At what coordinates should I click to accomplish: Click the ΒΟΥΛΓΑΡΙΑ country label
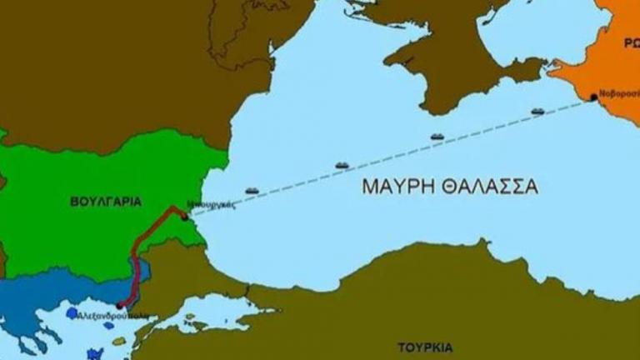click(105, 202)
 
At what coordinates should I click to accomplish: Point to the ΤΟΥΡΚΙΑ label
click(425, 346)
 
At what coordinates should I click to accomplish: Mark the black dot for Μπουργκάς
click(184, 217)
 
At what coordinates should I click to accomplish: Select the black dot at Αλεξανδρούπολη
click(119, 306)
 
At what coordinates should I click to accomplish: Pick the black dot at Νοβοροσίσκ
click(593, 97)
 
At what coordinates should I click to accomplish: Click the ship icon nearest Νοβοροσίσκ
click(537, 111)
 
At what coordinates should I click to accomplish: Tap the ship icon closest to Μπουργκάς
click(252, 191)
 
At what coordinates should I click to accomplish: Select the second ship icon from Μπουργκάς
click(342, 165)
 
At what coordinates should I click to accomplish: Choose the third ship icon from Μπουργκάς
click(437, 137)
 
